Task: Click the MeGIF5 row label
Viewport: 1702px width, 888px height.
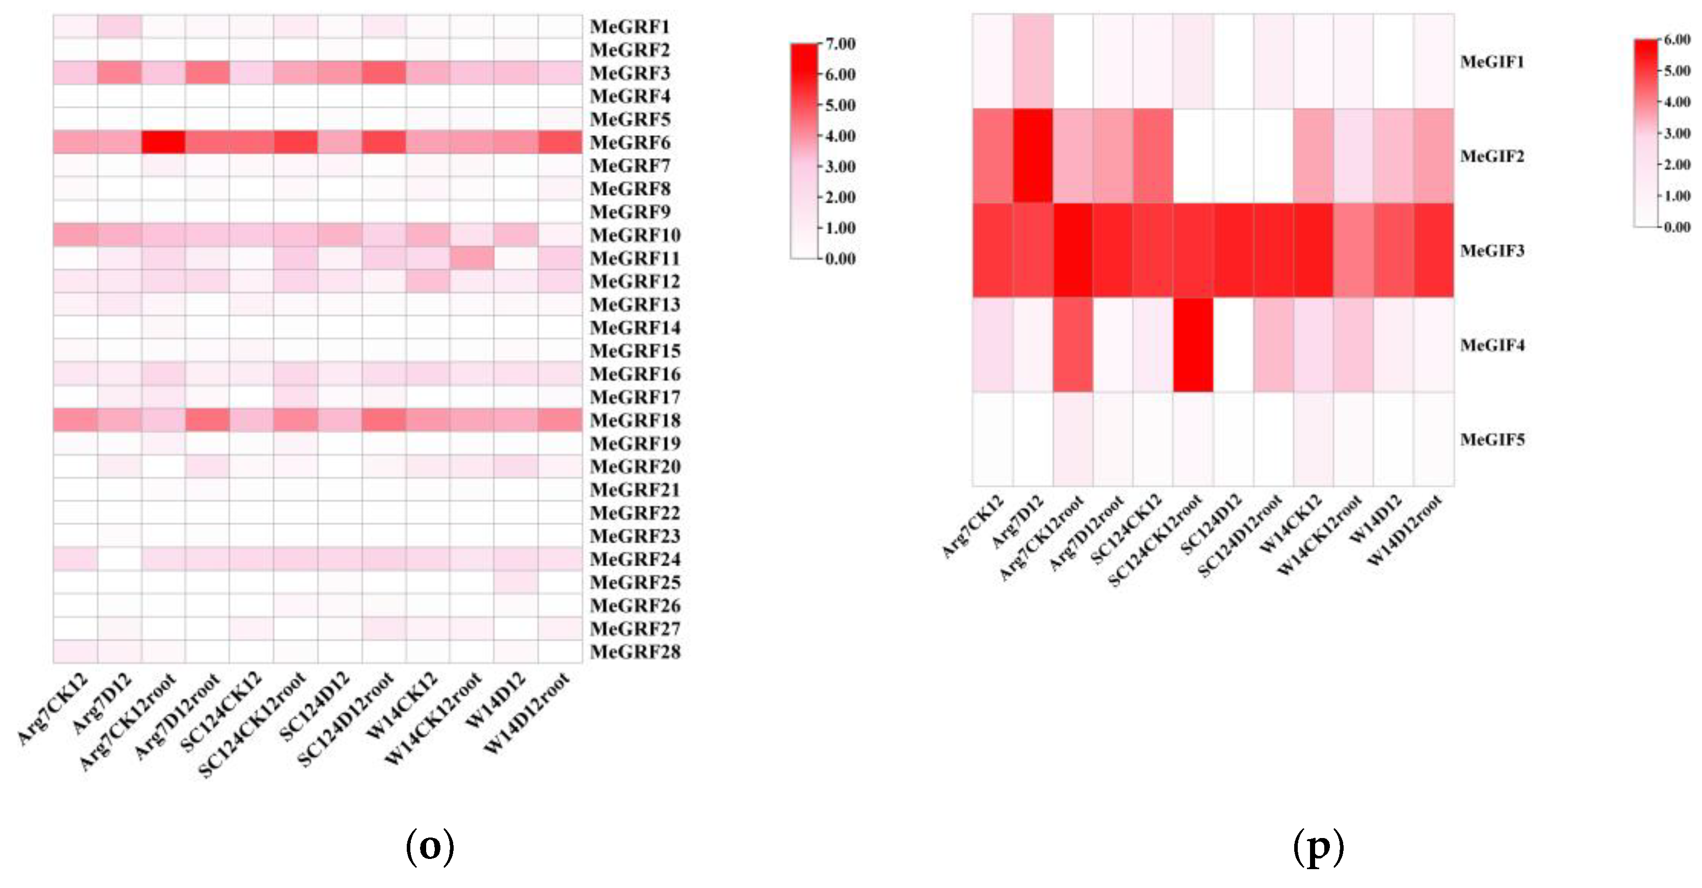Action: click(x=1492, y=440)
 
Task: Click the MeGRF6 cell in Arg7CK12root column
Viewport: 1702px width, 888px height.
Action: click(x=163, y=142)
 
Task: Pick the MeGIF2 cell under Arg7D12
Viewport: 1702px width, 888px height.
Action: click(x=1033, y=156)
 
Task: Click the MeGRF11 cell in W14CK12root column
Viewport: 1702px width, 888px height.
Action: click(x=472, y=258)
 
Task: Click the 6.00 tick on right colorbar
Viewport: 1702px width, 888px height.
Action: click(x=1677, y=40)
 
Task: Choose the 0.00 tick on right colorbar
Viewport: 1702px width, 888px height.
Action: click(x=1677, y=227)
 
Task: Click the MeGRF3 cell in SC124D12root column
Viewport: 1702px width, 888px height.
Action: click(x=384, y=73)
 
